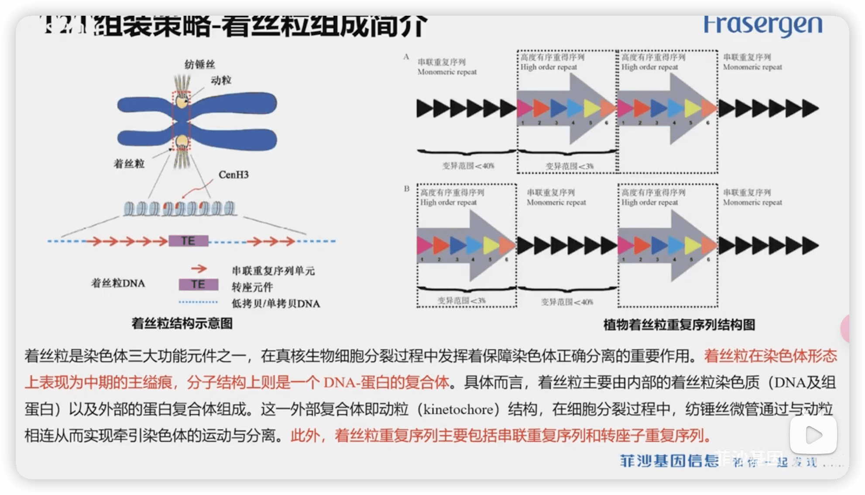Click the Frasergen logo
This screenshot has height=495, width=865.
pos(763,25)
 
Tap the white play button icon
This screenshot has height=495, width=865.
pos(813,435)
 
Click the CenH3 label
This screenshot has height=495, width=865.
pos(233,175)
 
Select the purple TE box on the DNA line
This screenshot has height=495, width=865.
pos(188,241)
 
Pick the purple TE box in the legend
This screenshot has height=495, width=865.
pos(198,285)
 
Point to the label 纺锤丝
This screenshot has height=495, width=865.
pos(200,65)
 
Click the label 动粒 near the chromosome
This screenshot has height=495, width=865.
pos(221,80)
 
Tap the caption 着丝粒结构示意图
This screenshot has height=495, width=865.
pos(182,323)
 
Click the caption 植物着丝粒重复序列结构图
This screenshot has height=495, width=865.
pos(679,325)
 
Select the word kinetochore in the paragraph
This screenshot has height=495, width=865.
pos(458,409)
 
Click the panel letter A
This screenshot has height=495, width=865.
pos(406,57)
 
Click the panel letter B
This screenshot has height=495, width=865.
pos(407,189)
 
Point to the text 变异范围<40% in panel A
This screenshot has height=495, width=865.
pos(468,166)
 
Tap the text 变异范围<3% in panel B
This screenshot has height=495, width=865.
pos(461,301)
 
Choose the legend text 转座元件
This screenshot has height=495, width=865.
pos(252,287)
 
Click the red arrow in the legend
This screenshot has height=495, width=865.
pos(199,268)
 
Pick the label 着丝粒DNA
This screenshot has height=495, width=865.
pos(118,283)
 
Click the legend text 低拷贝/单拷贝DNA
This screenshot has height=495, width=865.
pos(276,304)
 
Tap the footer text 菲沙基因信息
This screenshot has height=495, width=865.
pos(669,461)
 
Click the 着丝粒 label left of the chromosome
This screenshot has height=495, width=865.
pos(129,164)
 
